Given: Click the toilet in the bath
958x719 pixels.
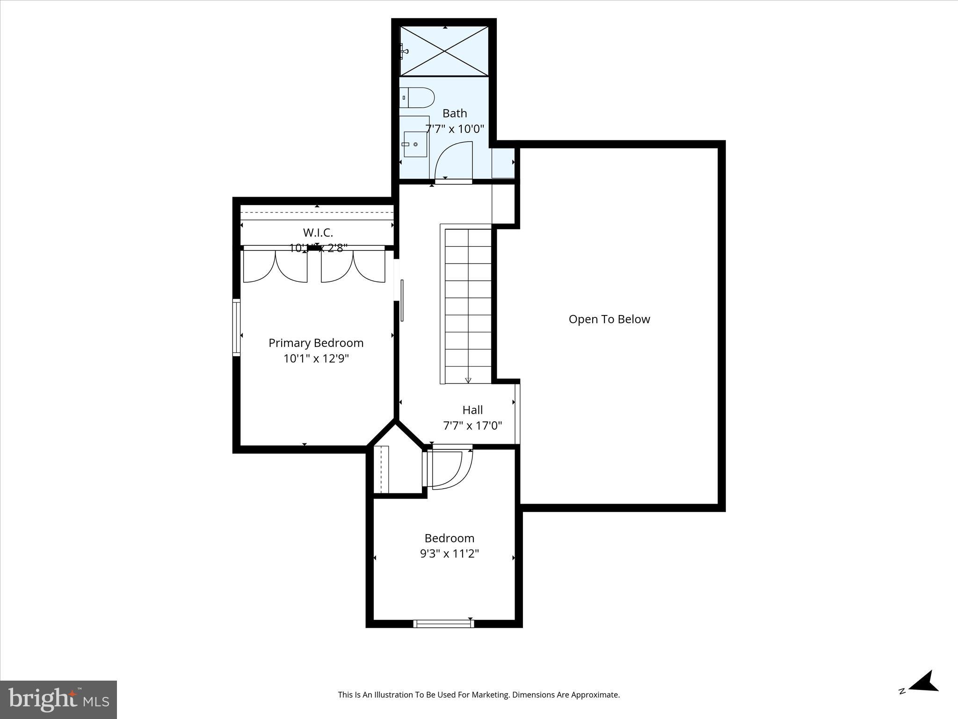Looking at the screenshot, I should pyautogui.click(x=418, y=97).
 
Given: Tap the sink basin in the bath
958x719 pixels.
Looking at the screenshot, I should pyautogui.click(x=415, y=145).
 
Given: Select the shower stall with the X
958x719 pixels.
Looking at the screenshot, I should pyautogui.click(x=444, y=51).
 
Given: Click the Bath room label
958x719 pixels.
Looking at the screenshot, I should pyautogui.click(x=455, y=113).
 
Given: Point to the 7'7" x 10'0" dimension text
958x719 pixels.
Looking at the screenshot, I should pyautogui.click(x=455, y=129).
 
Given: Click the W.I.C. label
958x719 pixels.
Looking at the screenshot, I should pyautogui.click(x=318, y=233).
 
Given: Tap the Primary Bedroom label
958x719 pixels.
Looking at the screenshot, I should pyautogui.click(x=316, y=343).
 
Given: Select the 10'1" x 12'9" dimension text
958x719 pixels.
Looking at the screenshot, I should pyautogui.click(x=316, y=359).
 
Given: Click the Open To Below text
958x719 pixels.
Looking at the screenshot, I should pyautogui.click(x=609, y=319).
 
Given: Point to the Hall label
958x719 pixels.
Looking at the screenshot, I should pyautogui.click(x=472, y=410).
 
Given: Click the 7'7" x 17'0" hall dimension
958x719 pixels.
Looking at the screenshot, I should pyautogui.click(x=472, y=426).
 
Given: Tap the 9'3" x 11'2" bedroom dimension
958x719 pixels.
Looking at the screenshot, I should pyautogui.click(x=450, y=554).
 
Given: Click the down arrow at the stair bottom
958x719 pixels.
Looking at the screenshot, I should pyautogui.click(x=468, y=380).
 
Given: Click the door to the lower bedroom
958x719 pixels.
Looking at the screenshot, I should pyautogui.click(x=449, y=468).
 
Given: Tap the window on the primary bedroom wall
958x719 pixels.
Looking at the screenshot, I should pyautogui.click(x=237, y=327).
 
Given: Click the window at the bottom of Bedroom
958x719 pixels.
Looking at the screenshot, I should pyautogui.click(x=443, y=623).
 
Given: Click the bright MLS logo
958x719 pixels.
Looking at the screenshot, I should pyautogui.click(x=58, y=700).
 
